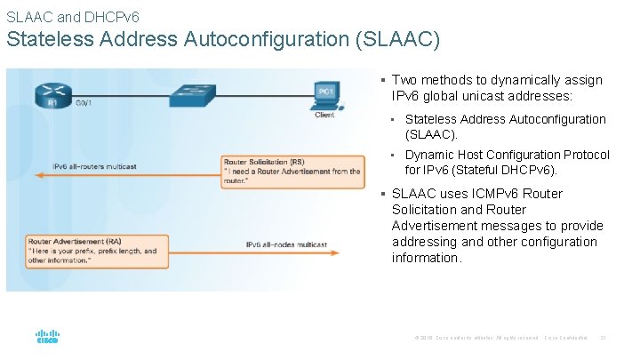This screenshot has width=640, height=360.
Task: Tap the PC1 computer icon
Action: tap(325, 93)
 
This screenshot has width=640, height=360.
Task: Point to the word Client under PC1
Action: tap(324, 115)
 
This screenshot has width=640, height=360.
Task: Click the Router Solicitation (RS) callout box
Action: tap(292, 172)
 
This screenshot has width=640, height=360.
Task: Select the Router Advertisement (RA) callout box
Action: tap(97, 251)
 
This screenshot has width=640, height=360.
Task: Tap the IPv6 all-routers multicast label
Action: tap(95, 166)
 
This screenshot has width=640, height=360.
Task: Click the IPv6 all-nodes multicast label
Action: tap(286, 244)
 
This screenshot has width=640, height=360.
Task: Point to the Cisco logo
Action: tap(47, 338)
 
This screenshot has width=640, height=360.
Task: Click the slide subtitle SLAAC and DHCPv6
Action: tap(72, 16)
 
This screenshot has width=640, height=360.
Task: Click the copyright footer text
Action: tap(476, 338)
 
